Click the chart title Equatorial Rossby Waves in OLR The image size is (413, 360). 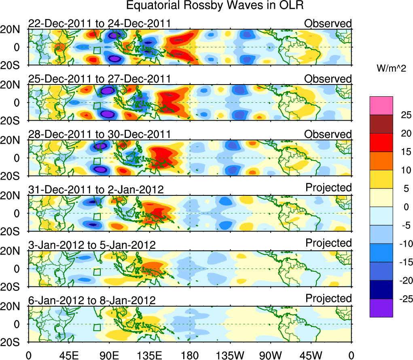pyautogui.click(x=215, y=6)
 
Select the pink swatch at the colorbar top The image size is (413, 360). pyautogui.click(x=381, y=106)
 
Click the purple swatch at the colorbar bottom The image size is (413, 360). pyautogui.click(x=381, y=308)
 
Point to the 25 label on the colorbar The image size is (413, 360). pyautogui.click(x=401, y=115)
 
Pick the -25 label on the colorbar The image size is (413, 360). pyautogui.click(x=399, y=299)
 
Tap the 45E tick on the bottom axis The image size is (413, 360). pyautogui.click(x=69, y=355)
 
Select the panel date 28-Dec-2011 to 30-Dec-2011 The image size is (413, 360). pyautogui.click(x=100, y=134)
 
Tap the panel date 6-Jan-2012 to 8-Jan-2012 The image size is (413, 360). pyautogui.click(x=92, y=300)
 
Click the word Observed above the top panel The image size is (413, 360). pyautogui.click(x=328, y=23)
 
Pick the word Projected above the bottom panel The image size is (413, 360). pyautogui.click(x=328, y=298)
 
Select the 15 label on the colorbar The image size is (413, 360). pyautogui.click(x=401, y=152)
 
